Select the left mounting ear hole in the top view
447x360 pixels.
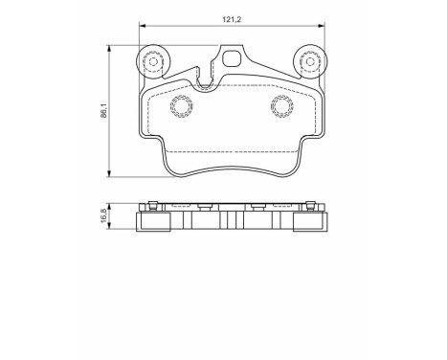(x=150, y=63)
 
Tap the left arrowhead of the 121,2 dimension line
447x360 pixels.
(x=143, y=25)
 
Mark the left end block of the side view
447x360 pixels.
(x=152, y=224)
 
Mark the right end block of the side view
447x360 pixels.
(x=307, y=224)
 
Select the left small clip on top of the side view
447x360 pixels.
(x=205, y=205)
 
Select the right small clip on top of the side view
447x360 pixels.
(x=256, y=205)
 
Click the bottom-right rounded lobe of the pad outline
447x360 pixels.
(x=291, y=170)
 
